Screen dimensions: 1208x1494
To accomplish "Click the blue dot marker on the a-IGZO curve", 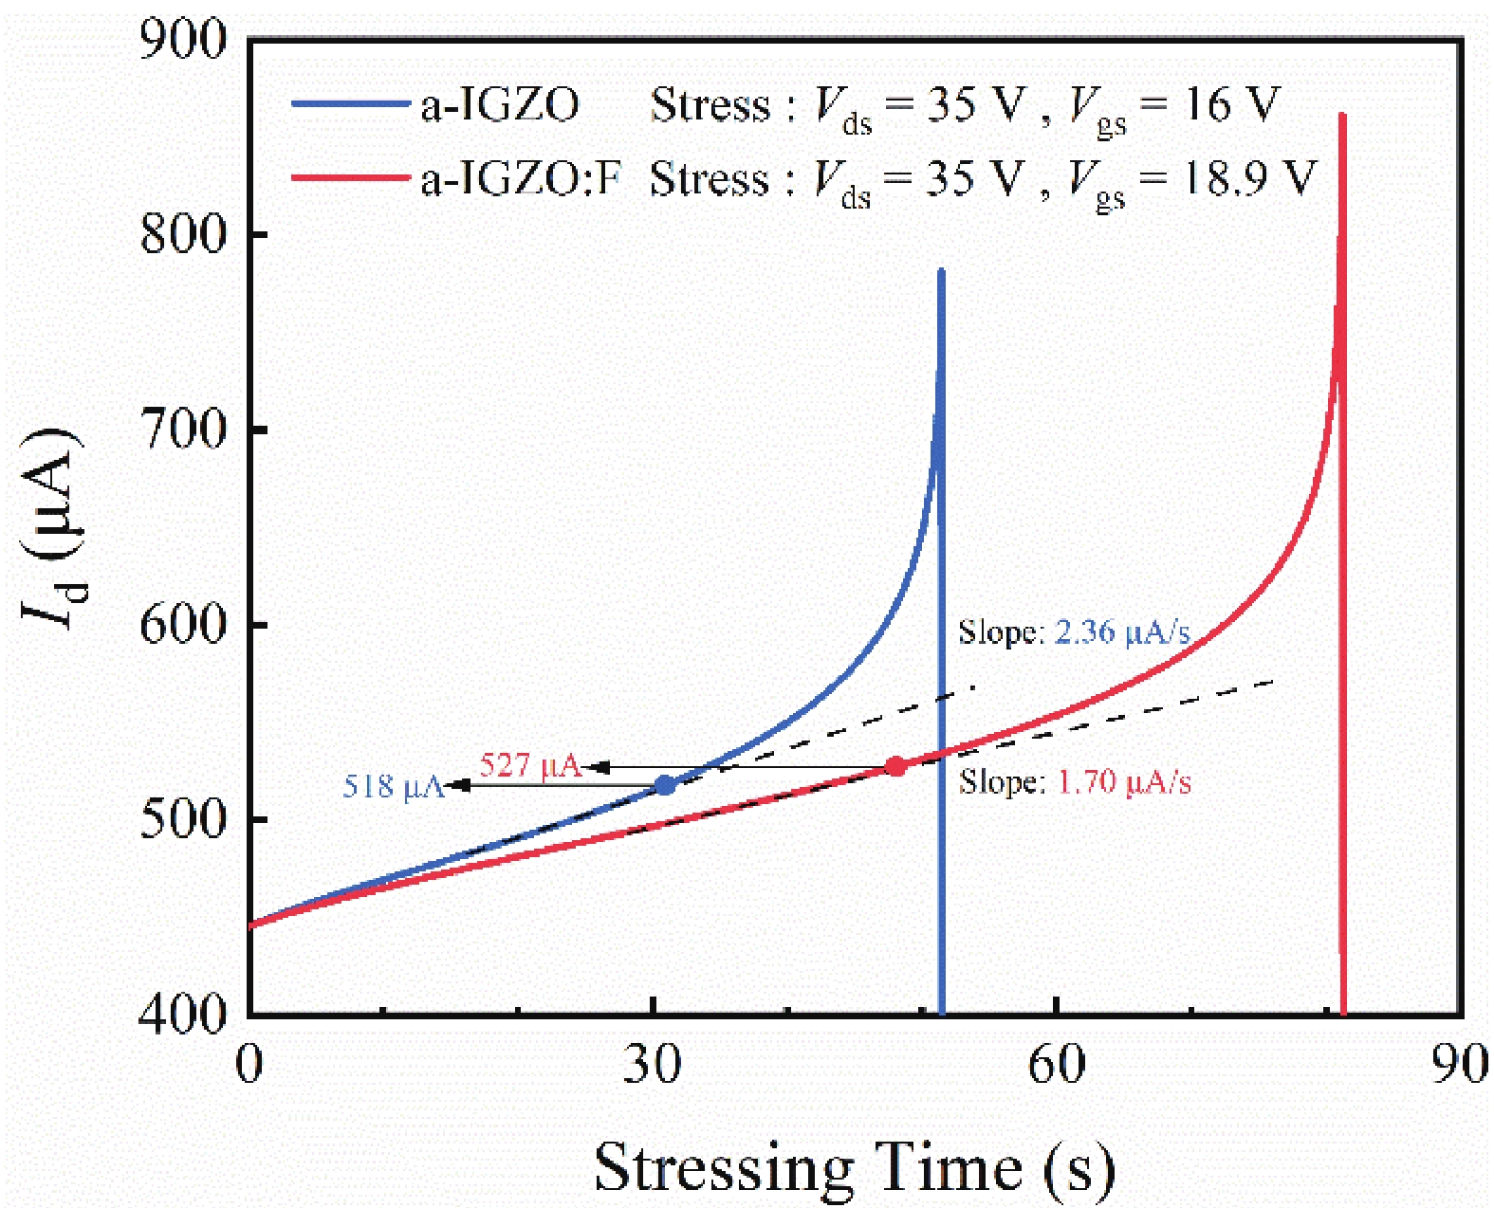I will coord(665,785).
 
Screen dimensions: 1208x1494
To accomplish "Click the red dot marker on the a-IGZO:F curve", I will coord(895,766).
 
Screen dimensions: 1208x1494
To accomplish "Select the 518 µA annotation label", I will coord(394,786).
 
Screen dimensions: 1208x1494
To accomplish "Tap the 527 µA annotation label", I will coord(530,764).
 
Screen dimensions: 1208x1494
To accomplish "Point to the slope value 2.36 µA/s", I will coord(1122,631).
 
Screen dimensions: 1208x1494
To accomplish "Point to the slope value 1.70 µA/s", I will coord(1124,781).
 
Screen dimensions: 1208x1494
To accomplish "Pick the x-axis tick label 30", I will coord(653,1064).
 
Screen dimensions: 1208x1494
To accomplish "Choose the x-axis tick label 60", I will coord(1057,1064).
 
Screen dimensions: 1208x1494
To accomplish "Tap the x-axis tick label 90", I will coord(1459,1064).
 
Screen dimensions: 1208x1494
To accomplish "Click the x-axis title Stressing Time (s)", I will coord(854,1166).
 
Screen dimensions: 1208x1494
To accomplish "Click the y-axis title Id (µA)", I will coord(52,526).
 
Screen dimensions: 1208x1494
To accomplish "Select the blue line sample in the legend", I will coord(349,103).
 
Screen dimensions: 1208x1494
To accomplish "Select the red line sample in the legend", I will coord(349,177).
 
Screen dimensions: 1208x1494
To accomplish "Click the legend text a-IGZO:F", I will coord(520,177).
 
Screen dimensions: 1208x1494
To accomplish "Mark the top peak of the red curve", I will coord(1342,116).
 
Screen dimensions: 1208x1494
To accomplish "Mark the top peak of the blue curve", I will coord(941,272).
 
